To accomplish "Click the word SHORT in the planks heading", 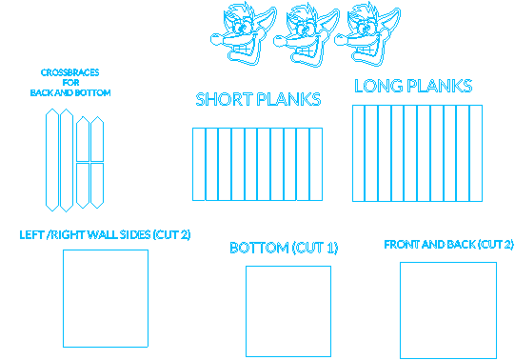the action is pos(225,99).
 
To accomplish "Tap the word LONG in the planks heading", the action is pos(379,86).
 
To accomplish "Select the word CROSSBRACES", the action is pos(69,72).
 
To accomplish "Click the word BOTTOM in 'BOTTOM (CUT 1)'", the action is pos(259,248).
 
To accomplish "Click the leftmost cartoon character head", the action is pos(244,33).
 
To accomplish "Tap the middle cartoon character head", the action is pos(307,35).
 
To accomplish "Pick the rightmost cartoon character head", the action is pos(367,34).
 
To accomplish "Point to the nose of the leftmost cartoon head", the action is pos(216,40).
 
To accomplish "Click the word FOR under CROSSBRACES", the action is pos(70,83).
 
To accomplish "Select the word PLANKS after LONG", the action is pos(440,86).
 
